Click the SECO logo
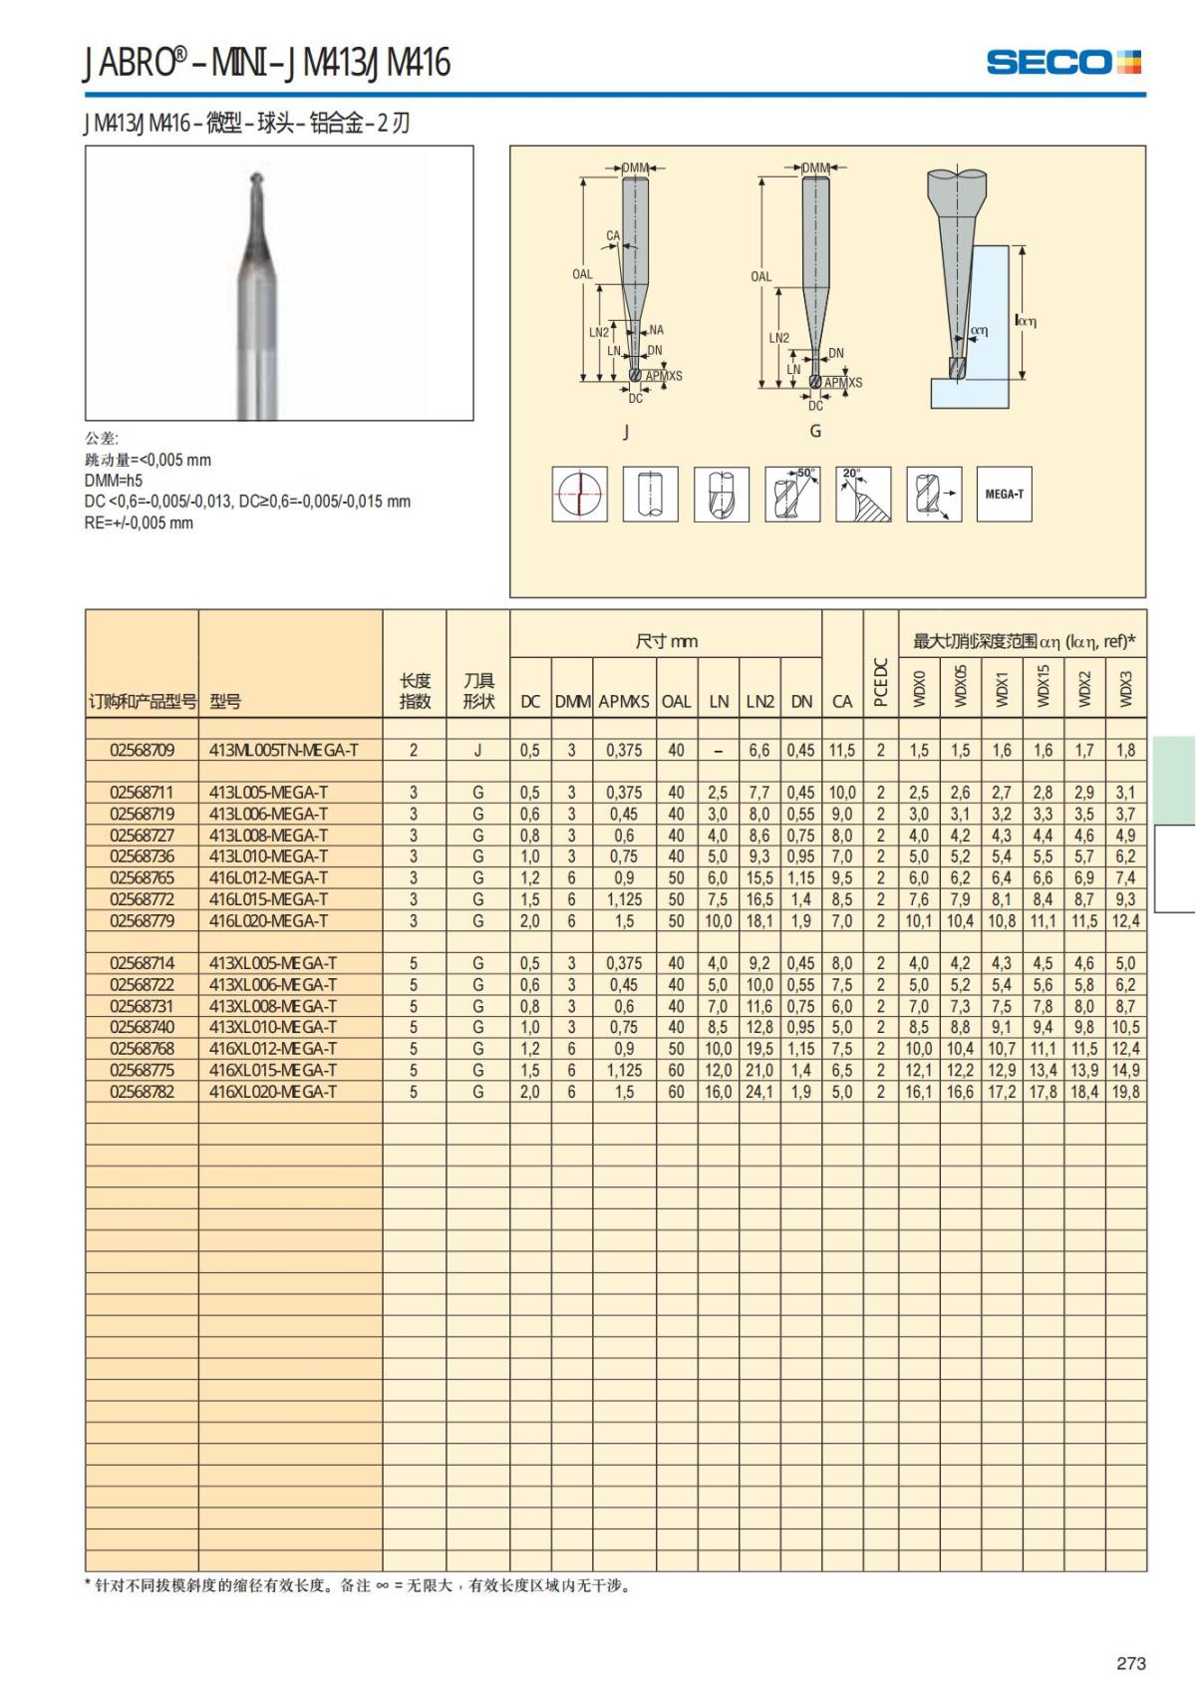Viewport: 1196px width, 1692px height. pos(1063,62)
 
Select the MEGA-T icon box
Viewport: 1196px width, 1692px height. pos(1004,494)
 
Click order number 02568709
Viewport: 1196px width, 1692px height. pos(142,750)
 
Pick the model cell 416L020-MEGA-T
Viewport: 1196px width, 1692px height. pos(268,921)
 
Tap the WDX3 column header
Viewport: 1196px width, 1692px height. pos(1126,688)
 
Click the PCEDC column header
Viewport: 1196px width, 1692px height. pos(880,682)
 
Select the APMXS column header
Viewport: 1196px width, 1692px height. pos(624,701)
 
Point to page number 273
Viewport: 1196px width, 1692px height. pos(1131,1663)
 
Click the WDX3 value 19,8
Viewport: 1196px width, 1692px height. pos(1125,1092)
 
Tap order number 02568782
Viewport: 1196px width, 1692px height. pos(142,1092)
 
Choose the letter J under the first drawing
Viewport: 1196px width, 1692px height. pos(626,431)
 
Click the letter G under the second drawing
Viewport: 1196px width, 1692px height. pos(815,431)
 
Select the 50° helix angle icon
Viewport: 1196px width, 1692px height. pos(792,494)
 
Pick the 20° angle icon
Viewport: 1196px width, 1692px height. pos(863,494)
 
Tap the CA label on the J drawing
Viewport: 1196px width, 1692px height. pos(612,236)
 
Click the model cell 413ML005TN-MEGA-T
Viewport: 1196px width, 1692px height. pos(284,750)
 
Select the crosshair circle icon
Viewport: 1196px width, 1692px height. pos(579,494)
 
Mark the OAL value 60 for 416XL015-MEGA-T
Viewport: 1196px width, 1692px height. pos(676,1071)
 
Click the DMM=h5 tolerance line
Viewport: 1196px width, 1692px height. pos(114,481)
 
